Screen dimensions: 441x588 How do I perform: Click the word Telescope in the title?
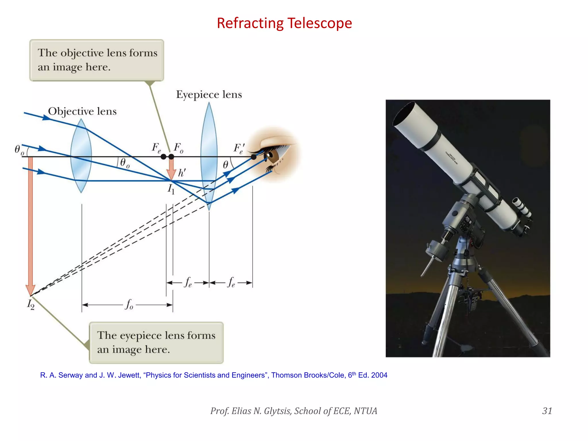pyautogui.click(x=319, y=23)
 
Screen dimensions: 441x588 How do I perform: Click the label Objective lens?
pyautogui.click(x=82, y=111)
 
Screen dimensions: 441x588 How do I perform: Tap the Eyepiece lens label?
pyautogui.click(x=209, y=94)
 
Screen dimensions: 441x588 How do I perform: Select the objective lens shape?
pyautogui.click(x=81, y=156)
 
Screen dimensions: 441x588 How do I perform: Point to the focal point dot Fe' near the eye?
pyautogui.click(x=254, y=157)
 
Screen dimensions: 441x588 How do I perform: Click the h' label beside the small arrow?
pyautogui.click(x=182, y=173)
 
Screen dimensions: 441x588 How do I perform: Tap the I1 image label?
pyautogui.click(x=171, y=189)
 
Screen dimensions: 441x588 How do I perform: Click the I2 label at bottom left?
pyautogui.click(x=31, y=304)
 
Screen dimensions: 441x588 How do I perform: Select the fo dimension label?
pyautogui.click(x=129, y=304)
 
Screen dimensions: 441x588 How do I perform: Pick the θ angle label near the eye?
pyautogui.click(x=226, y=165)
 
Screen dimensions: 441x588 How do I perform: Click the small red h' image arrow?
pyautogui.click(x=171, y=169)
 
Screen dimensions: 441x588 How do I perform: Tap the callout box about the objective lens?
pyautogui.click(x=97, y=60)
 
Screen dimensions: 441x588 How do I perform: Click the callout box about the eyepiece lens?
pyautogui.click(x=156, y=343)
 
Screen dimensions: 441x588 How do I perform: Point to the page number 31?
pyautogui.click(x=547, y=411)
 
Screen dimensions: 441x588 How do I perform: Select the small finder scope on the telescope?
pyautogui.click(x=522, y=207)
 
